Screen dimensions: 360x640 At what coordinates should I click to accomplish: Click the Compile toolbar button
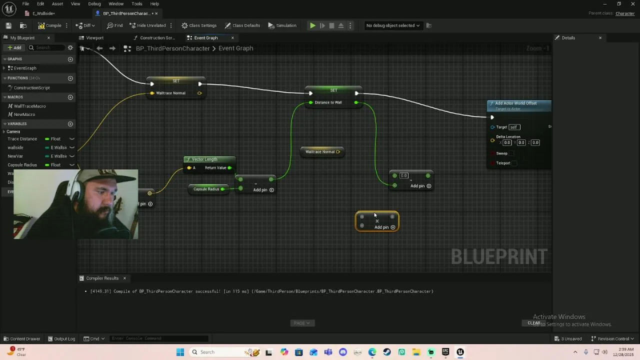(x=50, y=25)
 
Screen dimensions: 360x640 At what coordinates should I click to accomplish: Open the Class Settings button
(x=199, y=25)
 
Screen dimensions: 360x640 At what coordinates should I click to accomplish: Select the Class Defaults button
(x=242, y=25)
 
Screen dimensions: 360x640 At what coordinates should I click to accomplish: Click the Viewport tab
(x=94, y=38)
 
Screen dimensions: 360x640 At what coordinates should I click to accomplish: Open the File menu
(x=25, y=4)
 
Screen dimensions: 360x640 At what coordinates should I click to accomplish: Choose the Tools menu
(x=137, y=4)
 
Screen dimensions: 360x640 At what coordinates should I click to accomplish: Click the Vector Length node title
(x=204, y=159)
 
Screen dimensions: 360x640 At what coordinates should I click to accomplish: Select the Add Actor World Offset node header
(x=516, y=103)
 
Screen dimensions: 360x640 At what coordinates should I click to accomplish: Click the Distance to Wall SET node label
(x=328, y=102)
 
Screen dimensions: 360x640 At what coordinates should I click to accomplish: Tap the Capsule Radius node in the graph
(x=206, y=189)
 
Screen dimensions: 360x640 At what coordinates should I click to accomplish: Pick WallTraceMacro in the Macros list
(x=29, y=106)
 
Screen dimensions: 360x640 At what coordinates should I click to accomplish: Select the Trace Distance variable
(x=22, y=139)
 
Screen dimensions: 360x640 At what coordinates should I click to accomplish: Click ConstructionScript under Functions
(x=31, y=88)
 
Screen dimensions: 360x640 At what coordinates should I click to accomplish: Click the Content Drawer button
(x=21, y=339)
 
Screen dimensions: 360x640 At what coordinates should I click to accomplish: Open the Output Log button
(x=61, y=339)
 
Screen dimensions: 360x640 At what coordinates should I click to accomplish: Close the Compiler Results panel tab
(x=124, y=278)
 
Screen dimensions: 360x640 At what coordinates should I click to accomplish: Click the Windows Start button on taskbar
(x=180, y=352)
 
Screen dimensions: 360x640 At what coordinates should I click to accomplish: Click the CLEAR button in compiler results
(x=534, y=323)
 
